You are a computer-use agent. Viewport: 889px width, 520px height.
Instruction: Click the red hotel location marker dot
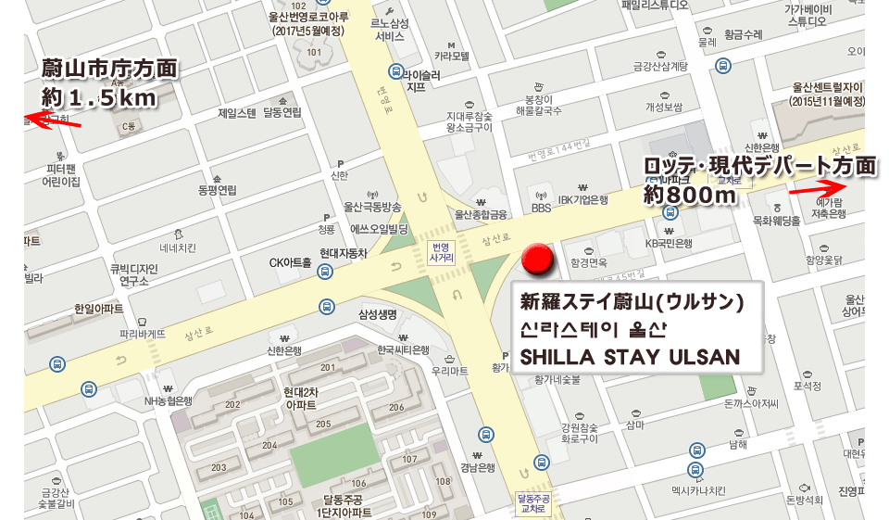point(536,260)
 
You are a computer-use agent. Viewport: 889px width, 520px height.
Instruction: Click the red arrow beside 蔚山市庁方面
point(53,120)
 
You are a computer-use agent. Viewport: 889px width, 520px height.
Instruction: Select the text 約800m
point(690,194)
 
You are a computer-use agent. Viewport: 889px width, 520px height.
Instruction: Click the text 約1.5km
point(98,95)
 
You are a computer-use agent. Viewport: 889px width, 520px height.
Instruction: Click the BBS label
point(541,209)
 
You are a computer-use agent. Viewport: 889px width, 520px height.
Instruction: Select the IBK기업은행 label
point(582,198)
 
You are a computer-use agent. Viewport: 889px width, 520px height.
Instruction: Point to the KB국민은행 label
point(669,244)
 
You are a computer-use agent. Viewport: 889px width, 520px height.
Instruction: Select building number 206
point(396,408)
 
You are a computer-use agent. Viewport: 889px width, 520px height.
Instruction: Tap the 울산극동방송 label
point(372,207)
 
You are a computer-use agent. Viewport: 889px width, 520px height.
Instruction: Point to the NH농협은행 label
point(168,401)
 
